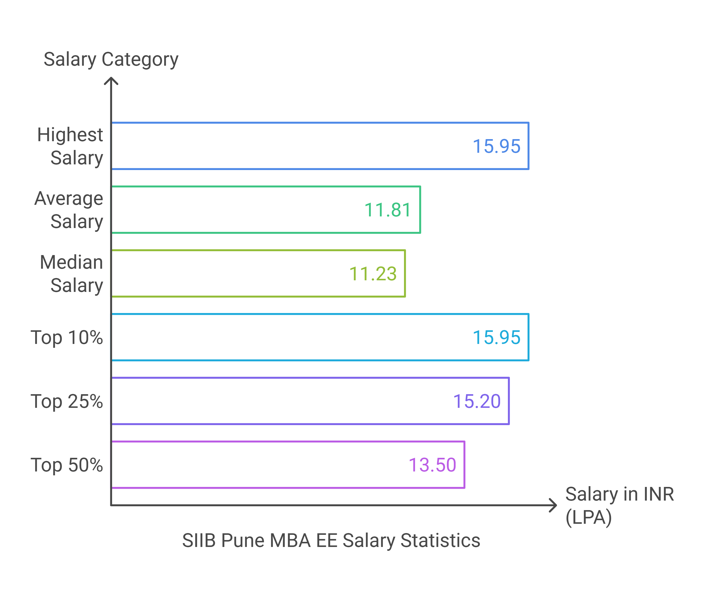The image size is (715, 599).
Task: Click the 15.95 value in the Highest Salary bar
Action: point(497,146)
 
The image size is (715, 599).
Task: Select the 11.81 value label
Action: point(388,210)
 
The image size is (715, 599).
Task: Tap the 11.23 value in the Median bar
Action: point(373,274)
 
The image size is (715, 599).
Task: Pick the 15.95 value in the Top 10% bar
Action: point(497,338)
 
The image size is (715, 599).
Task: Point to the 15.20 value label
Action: point(477,401)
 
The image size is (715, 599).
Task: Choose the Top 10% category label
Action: point(67,338)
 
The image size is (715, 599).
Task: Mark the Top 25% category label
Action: point(67,401)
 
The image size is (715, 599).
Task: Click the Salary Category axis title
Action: point(111,59)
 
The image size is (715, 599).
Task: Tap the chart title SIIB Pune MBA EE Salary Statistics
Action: point(331,541)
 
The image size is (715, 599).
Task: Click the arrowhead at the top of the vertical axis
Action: point(111,80)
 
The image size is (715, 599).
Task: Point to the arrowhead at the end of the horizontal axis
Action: point(554,505)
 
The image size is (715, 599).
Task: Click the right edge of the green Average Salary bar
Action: point(420,210)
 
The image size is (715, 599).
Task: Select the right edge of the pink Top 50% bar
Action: point(464,465)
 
